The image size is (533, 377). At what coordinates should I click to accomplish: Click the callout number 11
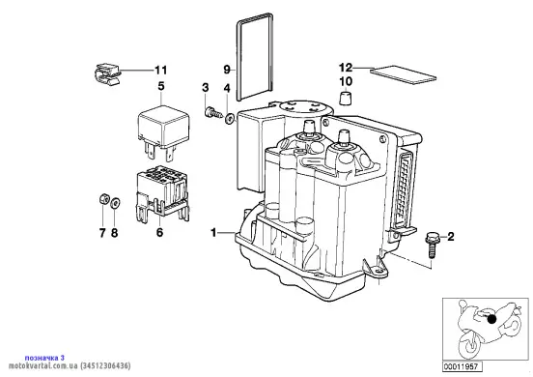coord(161,71)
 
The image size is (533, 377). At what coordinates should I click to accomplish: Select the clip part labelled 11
coord(106,73)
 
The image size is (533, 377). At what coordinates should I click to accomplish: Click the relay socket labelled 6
coord(162,194)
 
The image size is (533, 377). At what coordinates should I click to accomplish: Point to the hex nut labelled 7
coord(103,199)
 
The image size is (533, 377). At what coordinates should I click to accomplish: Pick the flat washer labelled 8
coord(115,203)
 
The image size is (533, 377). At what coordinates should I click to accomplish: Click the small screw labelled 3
coord(213,113)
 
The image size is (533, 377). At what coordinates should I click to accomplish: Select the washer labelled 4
coord(230,119)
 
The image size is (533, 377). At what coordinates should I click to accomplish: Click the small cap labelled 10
coord(346,98)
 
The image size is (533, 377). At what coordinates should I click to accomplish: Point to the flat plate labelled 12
coord(404,74)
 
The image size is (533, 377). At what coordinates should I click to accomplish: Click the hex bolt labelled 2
coord(431,245)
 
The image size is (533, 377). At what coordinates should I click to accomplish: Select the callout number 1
coord(213,233)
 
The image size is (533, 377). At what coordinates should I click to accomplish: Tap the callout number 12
coord(346,68)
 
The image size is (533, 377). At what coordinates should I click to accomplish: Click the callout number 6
coord(159,232)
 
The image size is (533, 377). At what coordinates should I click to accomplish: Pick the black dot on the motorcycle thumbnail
coord(491,319)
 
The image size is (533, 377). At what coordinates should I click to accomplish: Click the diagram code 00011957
coord(462,366)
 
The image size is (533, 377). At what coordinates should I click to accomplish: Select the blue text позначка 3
coord(44,358)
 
